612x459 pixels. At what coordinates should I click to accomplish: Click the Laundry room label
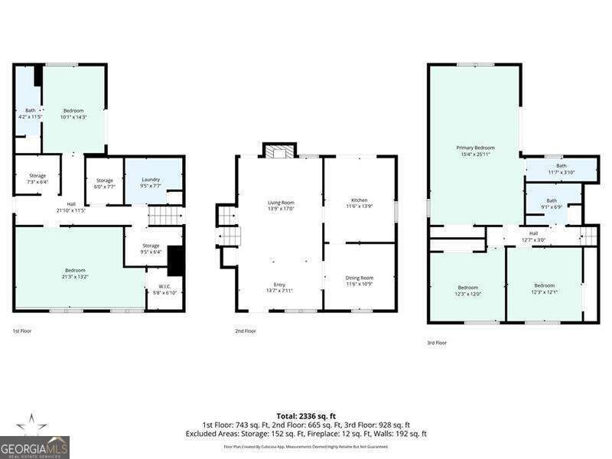tap(151, 179)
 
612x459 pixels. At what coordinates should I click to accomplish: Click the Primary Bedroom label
tap(475, 148)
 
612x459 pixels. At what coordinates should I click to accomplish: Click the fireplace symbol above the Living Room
tap(278, 151)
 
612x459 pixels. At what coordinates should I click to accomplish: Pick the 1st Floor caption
tap(22, 331)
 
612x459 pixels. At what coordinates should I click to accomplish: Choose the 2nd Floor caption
tap(245, 331)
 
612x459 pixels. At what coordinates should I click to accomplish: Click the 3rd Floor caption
tap(436, 343)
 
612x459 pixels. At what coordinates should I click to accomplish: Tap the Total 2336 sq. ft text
tap(306, 415)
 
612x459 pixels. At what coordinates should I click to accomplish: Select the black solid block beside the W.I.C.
tap(175, 260)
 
